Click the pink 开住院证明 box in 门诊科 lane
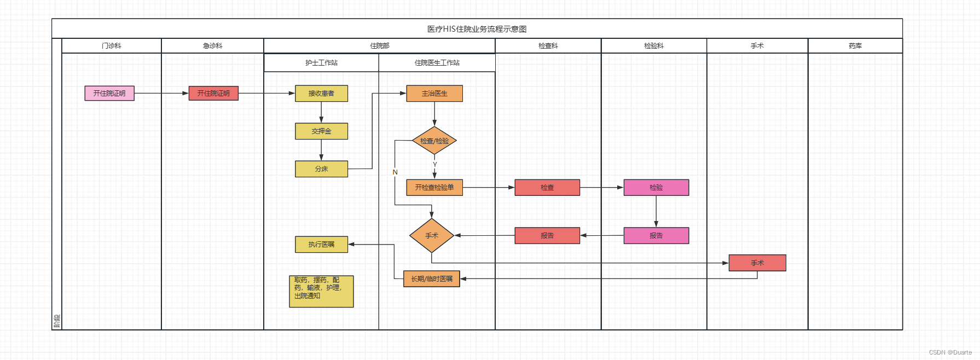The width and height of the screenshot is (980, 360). click(x=109, y=93)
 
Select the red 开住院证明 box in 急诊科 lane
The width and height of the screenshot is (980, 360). click(x=213, y=93)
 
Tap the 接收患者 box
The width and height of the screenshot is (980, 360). click(x=321, y=94)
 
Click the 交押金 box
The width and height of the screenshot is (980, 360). click(x=321, y=131)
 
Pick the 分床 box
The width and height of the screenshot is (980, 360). click(x=321, y=169)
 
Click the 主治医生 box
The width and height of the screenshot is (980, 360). click(x=434, y=94)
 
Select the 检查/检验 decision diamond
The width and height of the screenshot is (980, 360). click(x=434, y=141)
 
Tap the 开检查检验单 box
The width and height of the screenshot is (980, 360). click(x=434, y=188)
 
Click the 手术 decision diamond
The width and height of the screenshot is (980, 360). click(x=432, y=236)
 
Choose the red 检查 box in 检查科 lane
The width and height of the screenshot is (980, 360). click(x=547, y=188)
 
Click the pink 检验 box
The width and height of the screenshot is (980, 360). click(x=656, y=188)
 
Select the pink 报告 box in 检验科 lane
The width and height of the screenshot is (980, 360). click(x=656, y=236)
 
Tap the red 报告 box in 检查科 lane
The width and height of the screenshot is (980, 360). click(x=547, y=236)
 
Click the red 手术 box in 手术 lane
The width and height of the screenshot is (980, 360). click(x=757, y=263)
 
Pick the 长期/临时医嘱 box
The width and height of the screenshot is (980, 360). click(x=432, y=279)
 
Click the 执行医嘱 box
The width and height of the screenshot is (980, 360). click(x=321, y=245)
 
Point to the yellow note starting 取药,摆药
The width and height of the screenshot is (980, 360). click(x=321, y=292)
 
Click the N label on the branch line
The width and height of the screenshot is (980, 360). click(x=395, y=172)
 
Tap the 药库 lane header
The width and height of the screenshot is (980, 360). click(x=855, y=46)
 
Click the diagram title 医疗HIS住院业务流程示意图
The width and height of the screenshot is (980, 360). click(x=477, y=29)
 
